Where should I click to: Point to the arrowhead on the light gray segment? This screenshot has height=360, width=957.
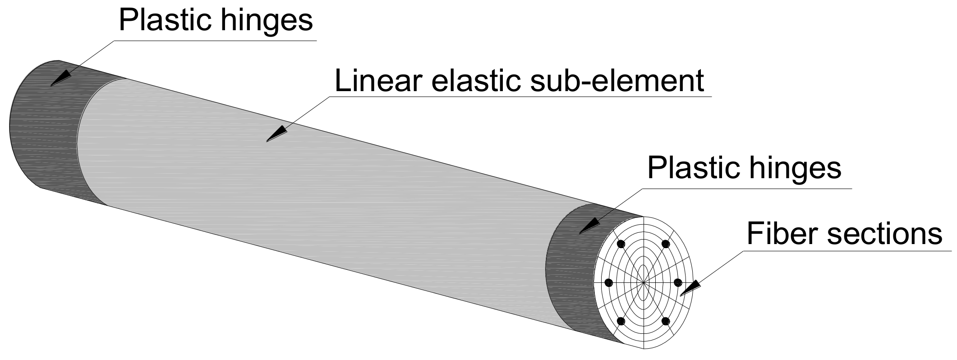(276, 134)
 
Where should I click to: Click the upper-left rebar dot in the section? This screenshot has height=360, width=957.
(621, 244)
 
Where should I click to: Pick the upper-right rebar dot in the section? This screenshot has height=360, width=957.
(666, 244)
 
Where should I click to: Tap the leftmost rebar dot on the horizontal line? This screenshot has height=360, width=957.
(609, 282)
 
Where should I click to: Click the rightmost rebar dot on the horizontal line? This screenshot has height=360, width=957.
(678, 282)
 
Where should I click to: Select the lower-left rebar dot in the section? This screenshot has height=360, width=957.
(621, 321)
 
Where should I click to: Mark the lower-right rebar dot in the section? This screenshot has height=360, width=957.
(666, 321)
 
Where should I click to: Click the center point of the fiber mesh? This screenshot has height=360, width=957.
(644, 282)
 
